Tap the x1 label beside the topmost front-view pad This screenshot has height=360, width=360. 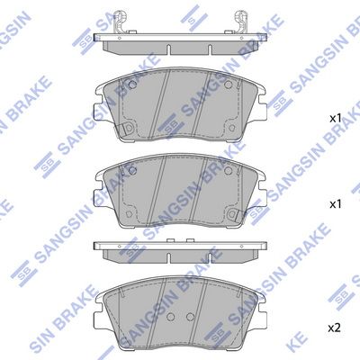coord(334,118)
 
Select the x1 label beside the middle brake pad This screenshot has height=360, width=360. coord(334,204)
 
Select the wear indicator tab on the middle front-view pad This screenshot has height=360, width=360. coord(127,219)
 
